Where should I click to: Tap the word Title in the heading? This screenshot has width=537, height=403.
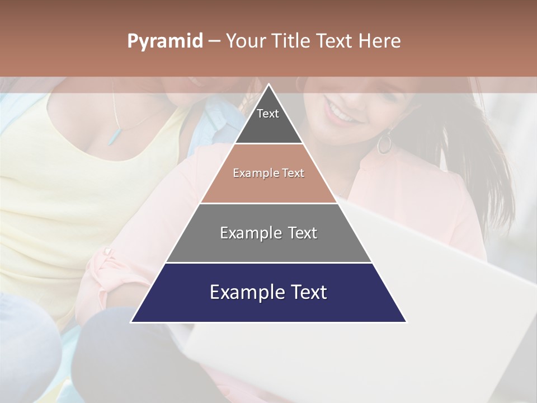point(291,41)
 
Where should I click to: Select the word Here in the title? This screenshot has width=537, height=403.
point(380,41)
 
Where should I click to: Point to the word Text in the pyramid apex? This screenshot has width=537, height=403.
point(268,114)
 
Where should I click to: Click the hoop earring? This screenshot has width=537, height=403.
point(385,143)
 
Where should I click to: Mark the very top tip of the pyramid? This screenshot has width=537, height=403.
point(268,85)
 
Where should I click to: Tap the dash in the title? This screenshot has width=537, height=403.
point(214,41)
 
